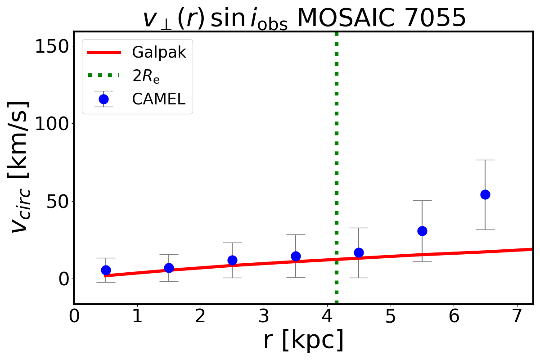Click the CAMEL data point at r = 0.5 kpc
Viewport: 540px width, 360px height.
pyautogui.click(x=106, y=270)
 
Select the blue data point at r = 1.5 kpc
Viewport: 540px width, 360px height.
pyautogui.click(x=169, y=268)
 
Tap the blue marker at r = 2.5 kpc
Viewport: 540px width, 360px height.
pyautogui.click(x=232, y=260)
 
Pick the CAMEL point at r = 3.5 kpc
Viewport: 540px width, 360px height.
pyautogui.click(x=296, y=256)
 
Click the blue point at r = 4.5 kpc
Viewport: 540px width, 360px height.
pyautogui.click(x=359, y=252)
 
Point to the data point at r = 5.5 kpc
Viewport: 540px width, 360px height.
pyautogui.click(x=422, y=231)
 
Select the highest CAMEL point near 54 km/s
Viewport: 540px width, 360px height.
pyautogui.click(x=485, y=194)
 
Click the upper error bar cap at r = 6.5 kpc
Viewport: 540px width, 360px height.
pyautogui.click(x=485, y=160)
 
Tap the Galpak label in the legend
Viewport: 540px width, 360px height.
pyautogui.click(x=159, y=53)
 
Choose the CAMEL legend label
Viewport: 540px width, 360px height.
pyautogui.click(x=158, y=99)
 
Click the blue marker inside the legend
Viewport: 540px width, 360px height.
pyautogui.click(x=103, y=99)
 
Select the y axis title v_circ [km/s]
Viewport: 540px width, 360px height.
pyautogui.click(x=20, y=166)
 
